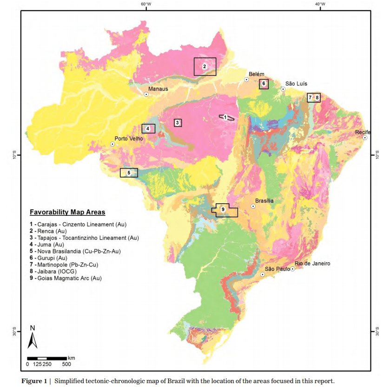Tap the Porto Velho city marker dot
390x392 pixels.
coord(112,145)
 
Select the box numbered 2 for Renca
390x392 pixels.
coord(205,66)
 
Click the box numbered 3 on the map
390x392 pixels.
coord(177,123)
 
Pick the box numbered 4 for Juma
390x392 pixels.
coord(148,128)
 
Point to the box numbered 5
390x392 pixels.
coord(129,173)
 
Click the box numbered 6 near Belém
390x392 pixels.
coord(264,84)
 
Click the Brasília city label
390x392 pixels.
coord(265,201)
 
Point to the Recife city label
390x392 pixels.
coord(363,132)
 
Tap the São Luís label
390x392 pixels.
coord(296,84)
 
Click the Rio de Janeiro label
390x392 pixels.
coord(312,264)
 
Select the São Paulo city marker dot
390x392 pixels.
coord(263,275)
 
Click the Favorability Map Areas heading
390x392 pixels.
coord(67,212)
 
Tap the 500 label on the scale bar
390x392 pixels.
coord(66,364)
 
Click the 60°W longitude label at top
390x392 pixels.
coord(146,4)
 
